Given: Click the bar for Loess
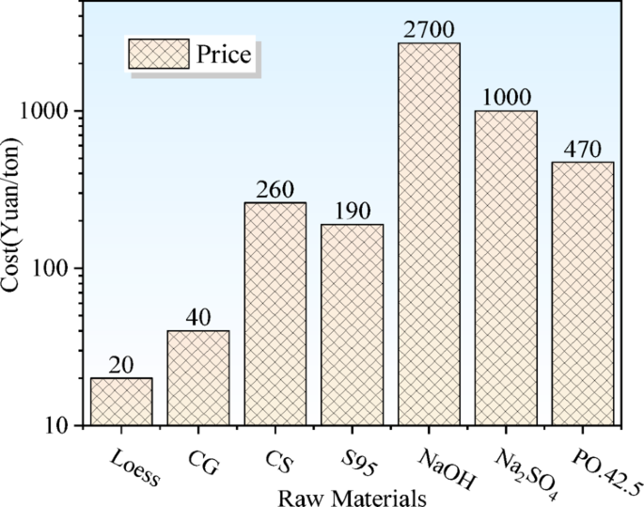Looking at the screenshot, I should (x=121, y=402).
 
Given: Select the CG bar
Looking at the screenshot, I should (x=198, y=378).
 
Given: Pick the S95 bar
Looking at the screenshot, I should (x=353, y=325).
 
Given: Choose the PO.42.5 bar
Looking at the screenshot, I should (x=584, y=293).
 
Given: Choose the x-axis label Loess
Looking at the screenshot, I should (x=133, y=460).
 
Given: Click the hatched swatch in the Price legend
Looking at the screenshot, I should (x=159, y=55).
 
